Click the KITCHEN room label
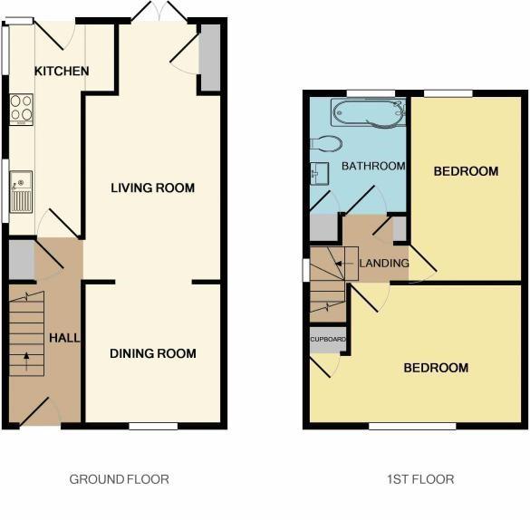click(x=62, y=72)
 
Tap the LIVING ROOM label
click(x=153, y=188)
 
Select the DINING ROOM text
click(x=153, y=353)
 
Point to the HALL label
click(x=64, y=338)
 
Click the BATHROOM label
click(x=372, y=166)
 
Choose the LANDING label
click(x=384, y=264)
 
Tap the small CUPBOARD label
click(x=326, y=339)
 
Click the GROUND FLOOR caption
click(x=120, y=479)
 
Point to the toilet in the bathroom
click(x=324, y=142)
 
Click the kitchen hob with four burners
click(x=20, y=110)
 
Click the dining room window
click(x=153, y=425)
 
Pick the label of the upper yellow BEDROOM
click(x=466, y=171)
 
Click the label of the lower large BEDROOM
click(x=436, y=368)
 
